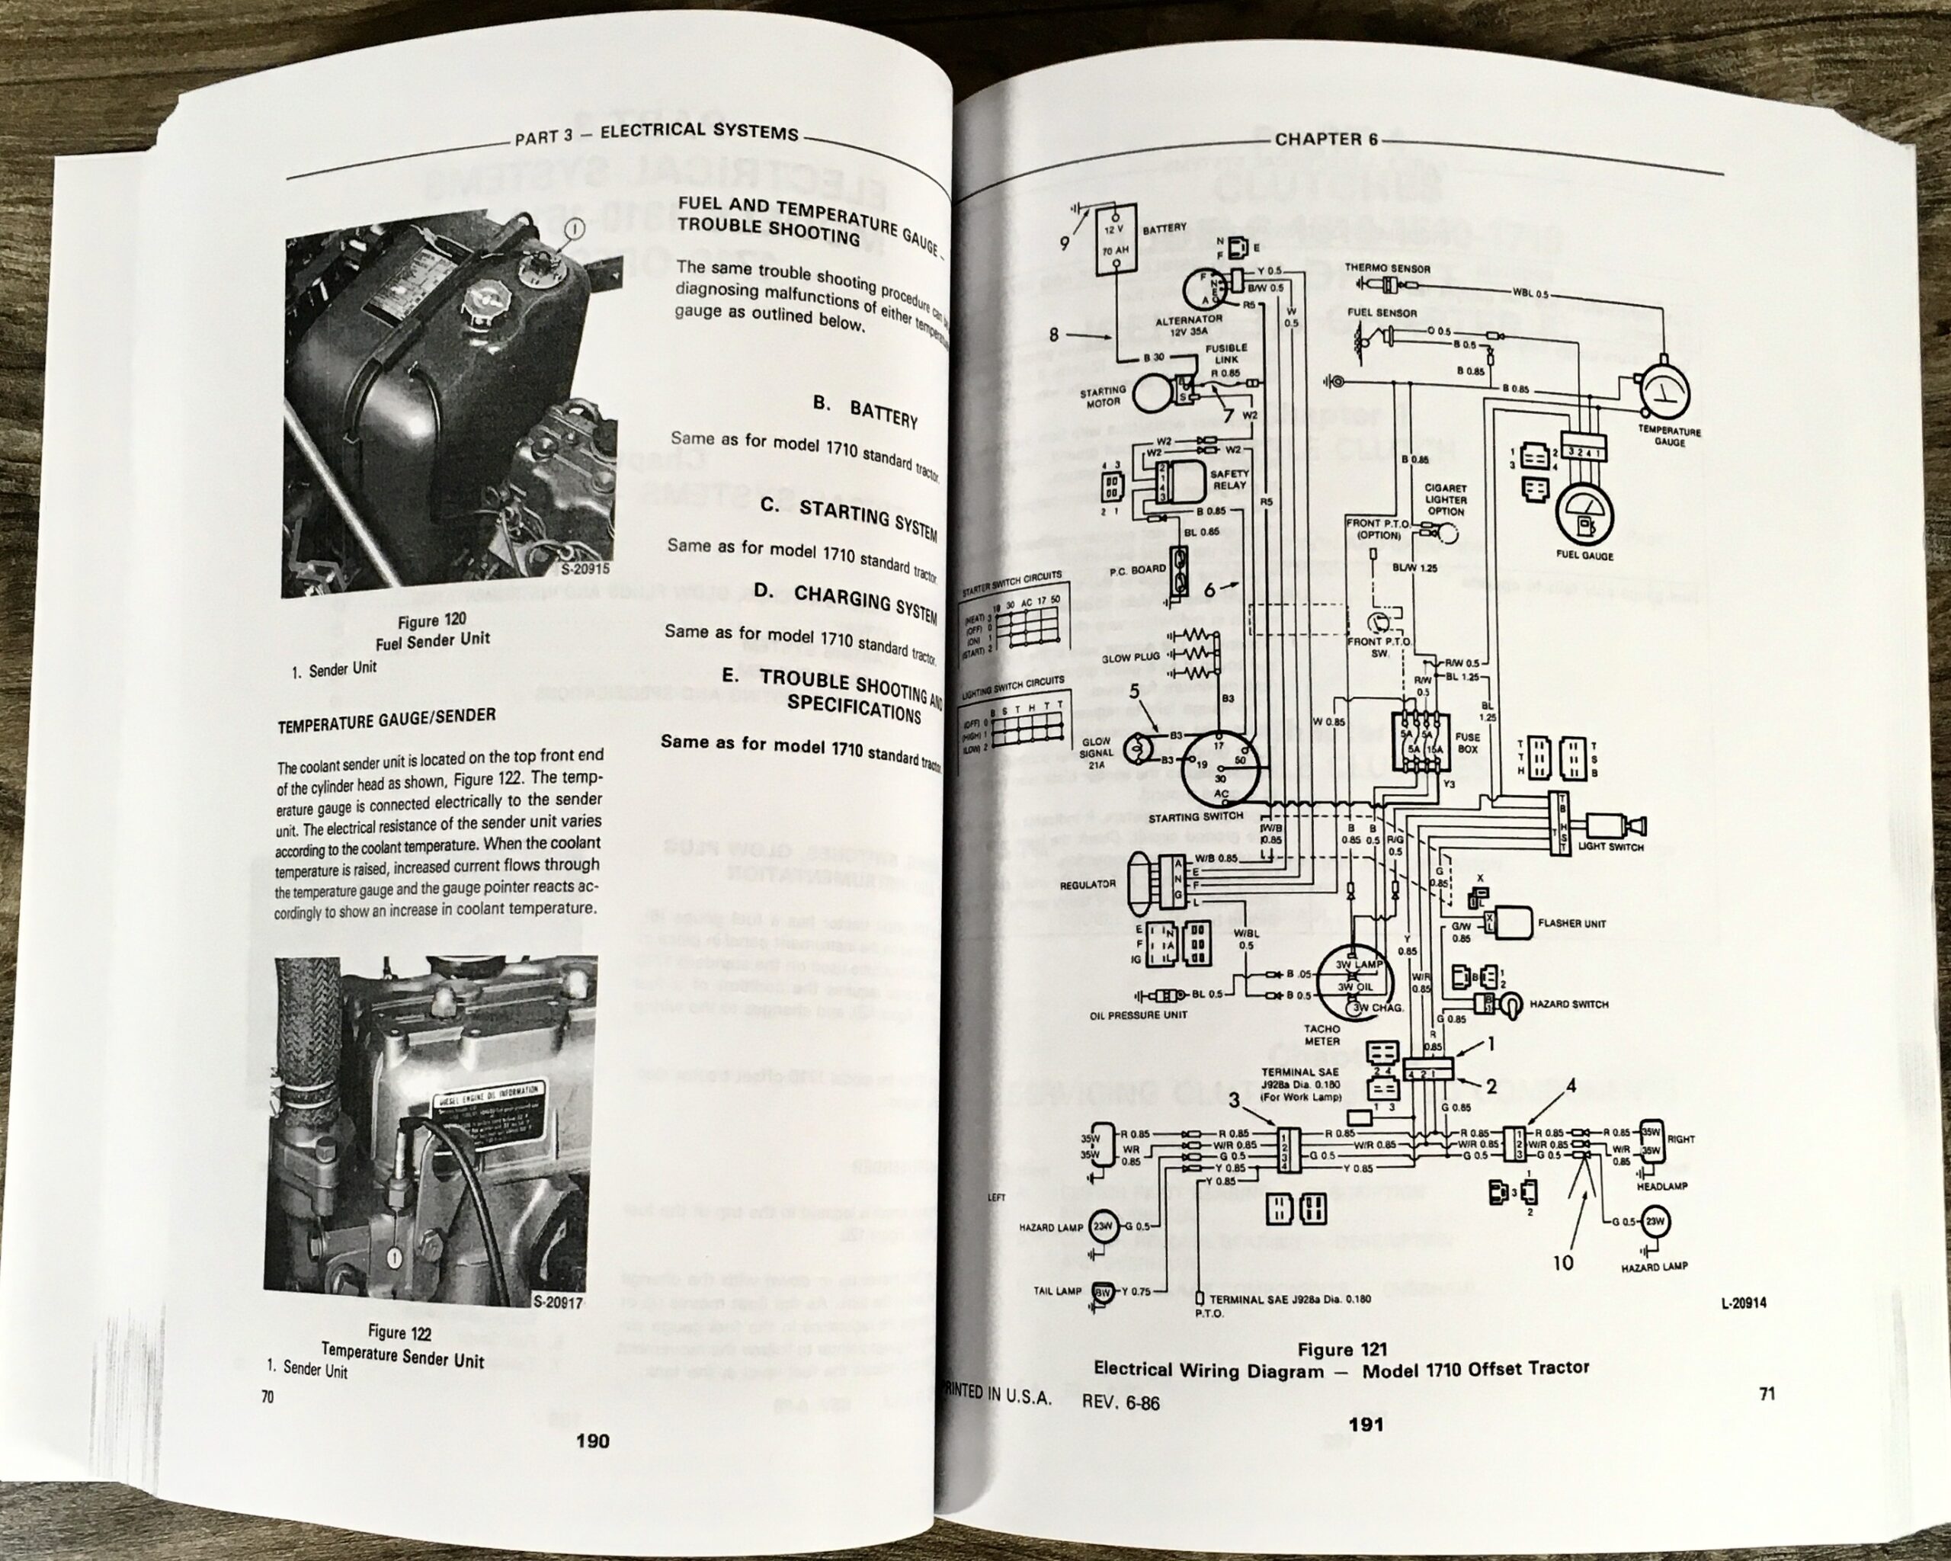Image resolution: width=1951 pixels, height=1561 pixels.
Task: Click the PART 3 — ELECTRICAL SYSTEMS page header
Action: (x=655, y=133)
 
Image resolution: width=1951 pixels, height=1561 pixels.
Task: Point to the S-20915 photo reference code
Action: (x=585, y=569)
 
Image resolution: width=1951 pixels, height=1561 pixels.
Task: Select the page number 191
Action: (x=1366, y=1425)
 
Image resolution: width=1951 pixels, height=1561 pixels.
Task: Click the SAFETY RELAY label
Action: (x=1229, y=479)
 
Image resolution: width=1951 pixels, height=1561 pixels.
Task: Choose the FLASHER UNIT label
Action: (x=1571, y=923)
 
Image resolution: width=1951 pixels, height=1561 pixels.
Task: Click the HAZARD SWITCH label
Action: (x=1581, y=1005)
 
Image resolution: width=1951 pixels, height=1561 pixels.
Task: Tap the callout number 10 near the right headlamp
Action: (x=1564, y=1261)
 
